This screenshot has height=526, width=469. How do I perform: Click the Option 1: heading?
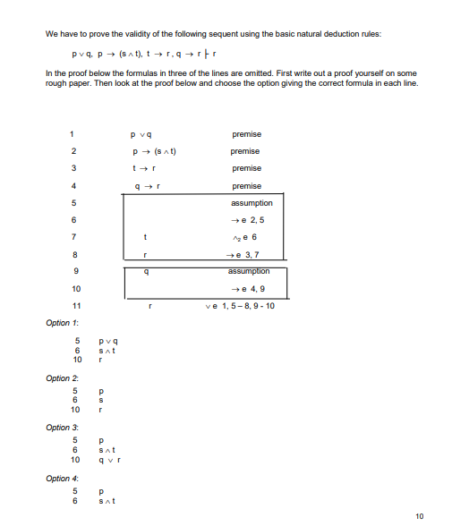(x=59, y=321)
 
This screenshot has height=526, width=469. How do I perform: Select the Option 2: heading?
(x=59, y=378)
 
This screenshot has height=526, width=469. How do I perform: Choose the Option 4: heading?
(x=59, y=478)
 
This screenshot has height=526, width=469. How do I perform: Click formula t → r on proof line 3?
(x=145, y=168)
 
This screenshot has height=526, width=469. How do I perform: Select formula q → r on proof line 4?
(x=145, y=186)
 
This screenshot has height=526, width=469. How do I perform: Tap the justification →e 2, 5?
(x=246, y=220)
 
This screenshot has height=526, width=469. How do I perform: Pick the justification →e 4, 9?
(x=246, y=288)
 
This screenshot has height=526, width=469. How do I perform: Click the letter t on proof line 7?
(x=145, y=237)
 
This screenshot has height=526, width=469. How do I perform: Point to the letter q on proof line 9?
(x=145, y=271)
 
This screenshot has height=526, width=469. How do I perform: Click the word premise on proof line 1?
(x=246, y=134)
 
